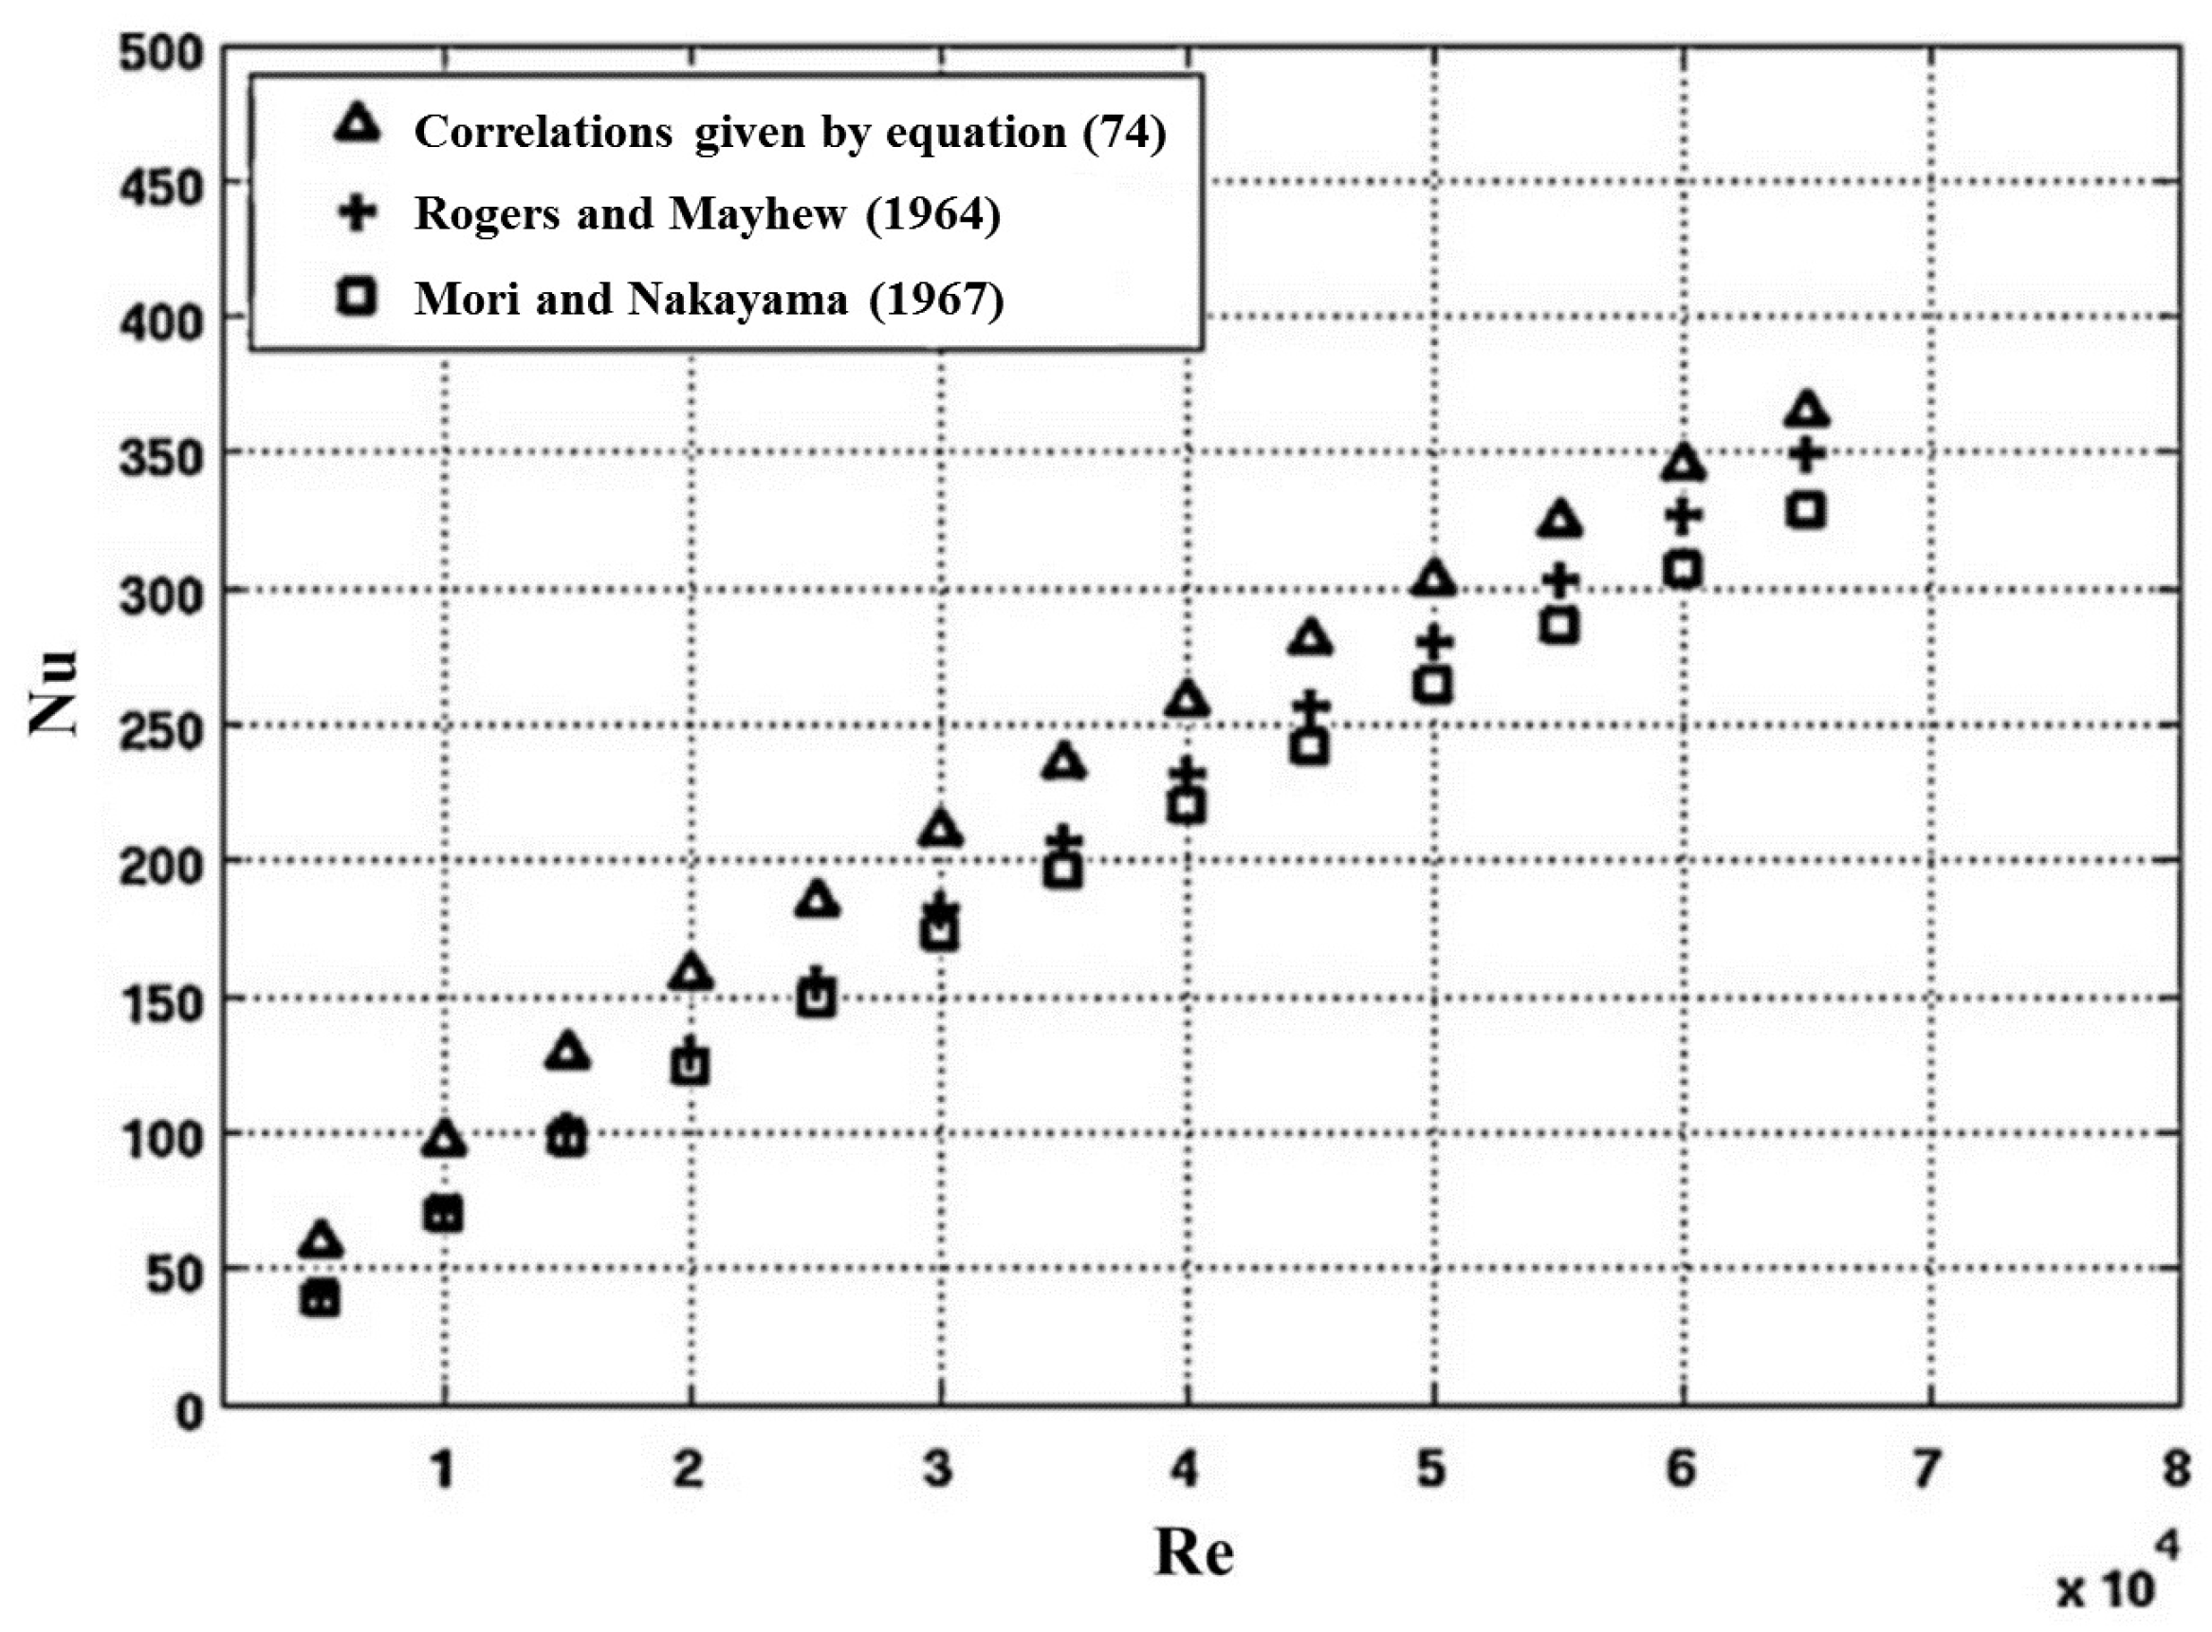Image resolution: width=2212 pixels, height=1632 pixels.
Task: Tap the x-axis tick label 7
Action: coord(1926,1469)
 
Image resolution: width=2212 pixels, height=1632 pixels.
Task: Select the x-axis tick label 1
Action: coord(443,1469)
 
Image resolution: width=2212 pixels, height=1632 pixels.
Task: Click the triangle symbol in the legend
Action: coord(357,126)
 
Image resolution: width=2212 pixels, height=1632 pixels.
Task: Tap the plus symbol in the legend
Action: coord(357,213)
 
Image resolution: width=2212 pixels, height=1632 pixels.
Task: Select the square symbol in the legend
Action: coord(357,297)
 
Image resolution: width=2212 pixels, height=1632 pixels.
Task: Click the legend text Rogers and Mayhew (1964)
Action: coord(708,213)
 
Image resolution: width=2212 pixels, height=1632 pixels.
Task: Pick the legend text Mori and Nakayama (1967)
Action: coord(709,299)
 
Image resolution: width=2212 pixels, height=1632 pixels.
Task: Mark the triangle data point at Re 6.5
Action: coord(1807,410)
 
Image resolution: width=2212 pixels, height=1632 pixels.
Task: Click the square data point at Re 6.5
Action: coord(1807,511)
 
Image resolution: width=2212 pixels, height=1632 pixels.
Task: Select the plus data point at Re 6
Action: coord(1684,515)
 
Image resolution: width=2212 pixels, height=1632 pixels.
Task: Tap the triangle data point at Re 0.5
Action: coord(321,1239)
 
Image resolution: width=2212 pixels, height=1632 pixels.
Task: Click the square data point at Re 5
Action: coord(1433,685)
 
